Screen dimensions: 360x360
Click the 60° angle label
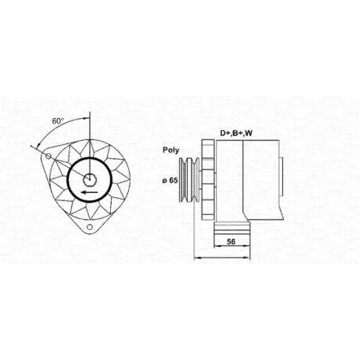click(58, 121)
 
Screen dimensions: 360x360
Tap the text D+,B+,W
click(236, 133)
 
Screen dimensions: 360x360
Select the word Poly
click(171, 150)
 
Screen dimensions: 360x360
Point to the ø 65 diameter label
click(170, 180)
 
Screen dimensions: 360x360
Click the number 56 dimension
click(231, 241)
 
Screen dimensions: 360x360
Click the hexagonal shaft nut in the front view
click(89, 179)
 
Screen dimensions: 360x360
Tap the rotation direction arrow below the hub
click(89, 192)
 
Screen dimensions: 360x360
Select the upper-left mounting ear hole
click(48, 156)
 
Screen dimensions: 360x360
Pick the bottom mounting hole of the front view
click(90, 227)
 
